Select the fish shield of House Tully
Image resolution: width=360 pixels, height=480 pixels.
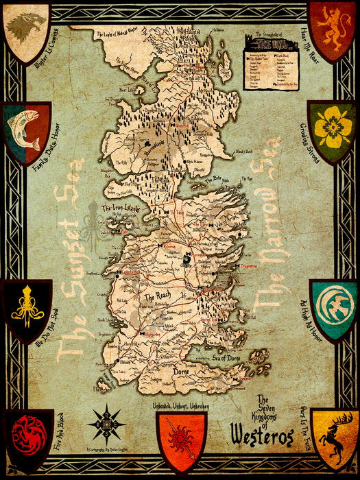point(26,130)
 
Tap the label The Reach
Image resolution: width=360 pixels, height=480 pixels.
point(158,298)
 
